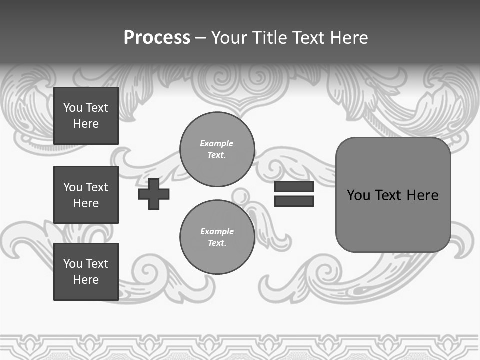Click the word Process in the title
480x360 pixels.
pyautogui.click(x=157, y=37)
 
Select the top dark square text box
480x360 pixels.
pyautogui.click(x=86, y=116)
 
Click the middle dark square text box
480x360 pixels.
pyautogui.click(x=86, y=195)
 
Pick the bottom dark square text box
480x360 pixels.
pyautogui.click(x=86, y=272)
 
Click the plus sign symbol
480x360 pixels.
pyautogui.click(x=154, y=194)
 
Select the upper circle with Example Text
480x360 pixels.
pyautogui.click(x=217, y=149)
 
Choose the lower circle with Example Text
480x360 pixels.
pyautogui.click(x=217, y=237)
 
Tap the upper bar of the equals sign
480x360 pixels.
pyautogui.click(x=294, y=187)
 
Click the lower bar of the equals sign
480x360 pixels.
pyautogui.click(x=294, y=201)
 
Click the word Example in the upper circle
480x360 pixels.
pyautogui.click(x=217, y=143)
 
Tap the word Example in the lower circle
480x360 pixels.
pyautogui.click(x=217, y=231)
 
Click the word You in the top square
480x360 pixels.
pyautogui.click(x=73, y=108)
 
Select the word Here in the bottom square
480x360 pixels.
pyautogui.click(x=86, y=280)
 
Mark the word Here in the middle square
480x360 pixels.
pyautogui.click(x=86, y=203)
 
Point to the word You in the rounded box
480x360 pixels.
pyautogui.click(x=358, y=195)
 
